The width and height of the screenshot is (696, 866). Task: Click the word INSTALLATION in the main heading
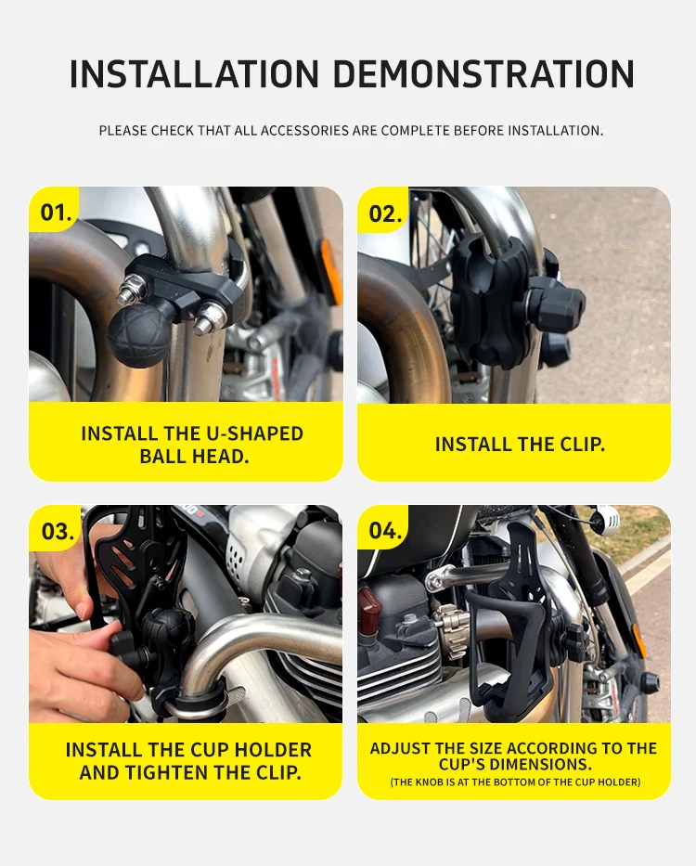click(x=195, y=74)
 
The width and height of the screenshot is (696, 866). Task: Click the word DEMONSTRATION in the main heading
click(x=483, y=74)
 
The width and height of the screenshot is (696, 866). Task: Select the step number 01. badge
click(x=56, y=212)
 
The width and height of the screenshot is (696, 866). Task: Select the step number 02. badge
click(x=385, y=213)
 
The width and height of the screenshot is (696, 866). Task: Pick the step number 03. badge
click(x=58, y=531)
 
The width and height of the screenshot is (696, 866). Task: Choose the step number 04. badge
click(x=385, y=530)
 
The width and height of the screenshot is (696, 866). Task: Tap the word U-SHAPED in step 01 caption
click(x=254, y=434)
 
